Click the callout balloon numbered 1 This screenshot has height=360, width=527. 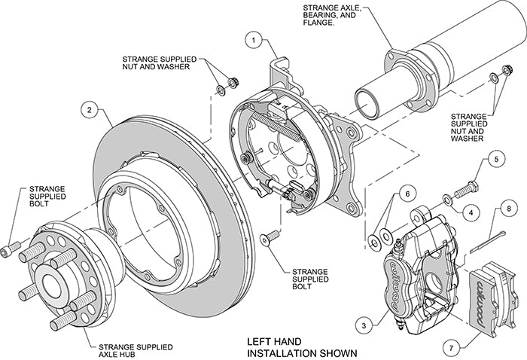click(255, 39)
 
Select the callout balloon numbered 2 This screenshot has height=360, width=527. click(89, 111)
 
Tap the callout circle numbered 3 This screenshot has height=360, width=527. click(364, 325)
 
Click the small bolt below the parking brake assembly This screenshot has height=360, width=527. click(264, 239)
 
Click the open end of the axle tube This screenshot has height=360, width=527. click(366, 99)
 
